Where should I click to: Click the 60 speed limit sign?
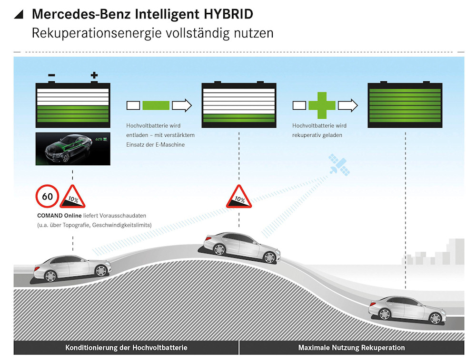47,196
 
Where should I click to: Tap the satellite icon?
339,165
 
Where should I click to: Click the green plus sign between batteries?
322,105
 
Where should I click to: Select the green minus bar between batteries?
156,105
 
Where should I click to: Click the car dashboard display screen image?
73,149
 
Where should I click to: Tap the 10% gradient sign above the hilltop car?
238,197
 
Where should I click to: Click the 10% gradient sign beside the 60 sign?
72,197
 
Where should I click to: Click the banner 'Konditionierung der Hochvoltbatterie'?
126,348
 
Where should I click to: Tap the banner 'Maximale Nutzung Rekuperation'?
351,348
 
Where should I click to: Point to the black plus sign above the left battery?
94,75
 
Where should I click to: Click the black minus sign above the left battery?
51,75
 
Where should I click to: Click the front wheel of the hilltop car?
269,257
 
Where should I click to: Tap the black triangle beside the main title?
19,14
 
